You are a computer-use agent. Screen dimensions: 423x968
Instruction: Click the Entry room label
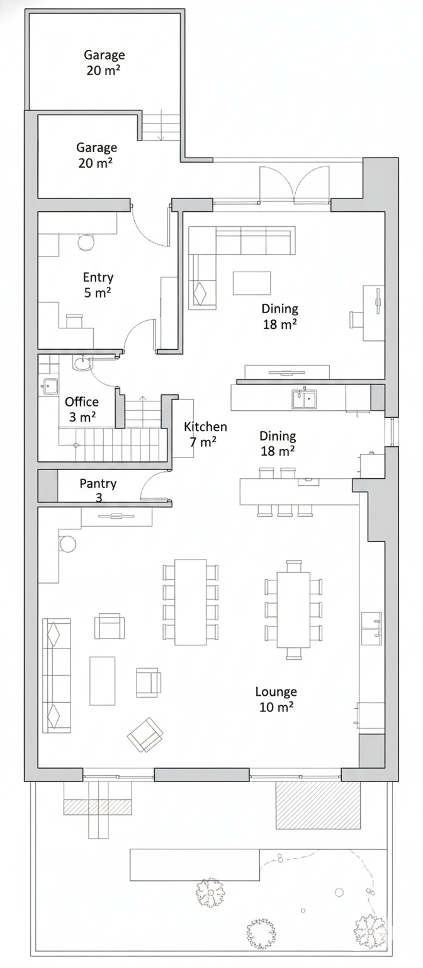click(98, 285)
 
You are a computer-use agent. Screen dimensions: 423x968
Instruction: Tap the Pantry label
click(98, 483)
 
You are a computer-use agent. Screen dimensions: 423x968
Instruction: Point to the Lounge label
click(276, 698)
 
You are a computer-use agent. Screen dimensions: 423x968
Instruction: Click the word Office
click(82, 402)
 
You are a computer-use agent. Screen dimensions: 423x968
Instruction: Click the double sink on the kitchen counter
click(304, 399)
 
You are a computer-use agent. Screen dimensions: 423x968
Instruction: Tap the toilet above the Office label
click(82, 364)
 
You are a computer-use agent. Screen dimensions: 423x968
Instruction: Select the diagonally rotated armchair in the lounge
click(145, 735)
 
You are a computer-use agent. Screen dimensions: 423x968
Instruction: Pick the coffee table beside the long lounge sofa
click(103, 681)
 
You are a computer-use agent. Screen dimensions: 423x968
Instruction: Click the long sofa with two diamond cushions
click(57, 676)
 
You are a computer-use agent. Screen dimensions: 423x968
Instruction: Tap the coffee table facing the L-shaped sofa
click(252, 283)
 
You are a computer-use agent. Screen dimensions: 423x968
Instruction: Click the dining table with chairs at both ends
click(293, 610)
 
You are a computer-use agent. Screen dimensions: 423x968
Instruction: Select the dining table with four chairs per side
click(190, 602)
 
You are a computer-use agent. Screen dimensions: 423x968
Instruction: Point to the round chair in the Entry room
click(86, 243)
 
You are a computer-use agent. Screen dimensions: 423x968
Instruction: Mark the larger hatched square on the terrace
click(318, 805)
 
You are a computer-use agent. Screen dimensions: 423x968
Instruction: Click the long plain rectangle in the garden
click(195, 865)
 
